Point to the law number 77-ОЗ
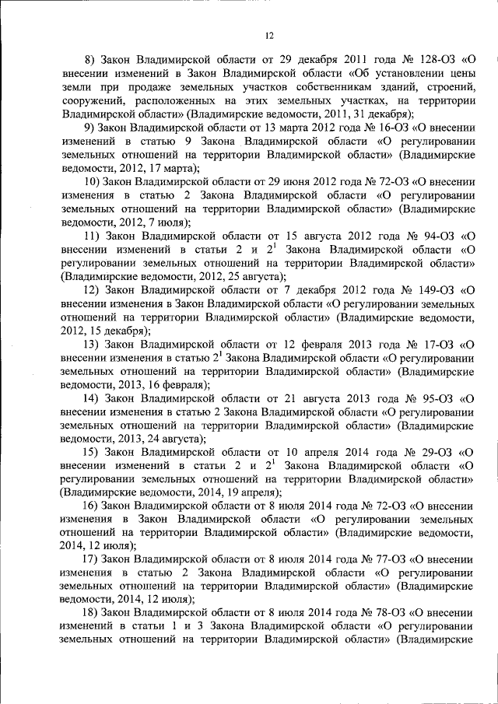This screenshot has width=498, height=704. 377,560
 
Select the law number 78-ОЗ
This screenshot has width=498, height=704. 377,613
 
